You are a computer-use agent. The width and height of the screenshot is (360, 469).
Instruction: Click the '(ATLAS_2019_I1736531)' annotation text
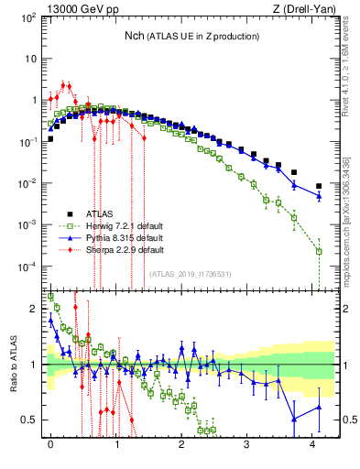pos(191,273)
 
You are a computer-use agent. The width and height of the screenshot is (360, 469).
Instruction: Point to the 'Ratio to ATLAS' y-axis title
pos(13,366)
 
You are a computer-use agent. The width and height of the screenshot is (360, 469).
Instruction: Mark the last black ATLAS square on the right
pos(319,186)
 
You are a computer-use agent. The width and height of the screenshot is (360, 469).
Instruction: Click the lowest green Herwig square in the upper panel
pos(319,251)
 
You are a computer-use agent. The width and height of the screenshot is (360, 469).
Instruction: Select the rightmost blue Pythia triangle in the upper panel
pos(319,195)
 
